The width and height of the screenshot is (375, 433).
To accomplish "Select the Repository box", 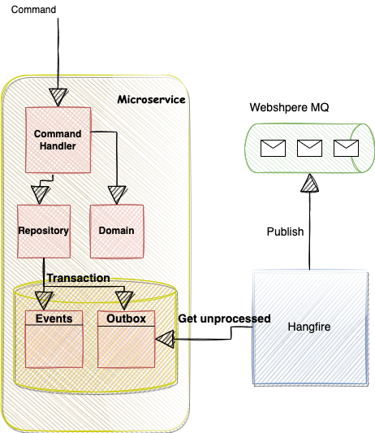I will click(x=44, y=231).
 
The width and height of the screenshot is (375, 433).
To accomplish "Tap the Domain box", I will click(x=116, y=231).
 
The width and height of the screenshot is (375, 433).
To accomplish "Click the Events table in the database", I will click(x=54, y=338).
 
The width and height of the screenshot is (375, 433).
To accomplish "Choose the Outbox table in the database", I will click(x=126, y=338).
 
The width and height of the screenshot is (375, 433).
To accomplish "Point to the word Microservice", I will click(x=151, y=99).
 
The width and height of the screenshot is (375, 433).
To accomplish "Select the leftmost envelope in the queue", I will click(x=272, y=148).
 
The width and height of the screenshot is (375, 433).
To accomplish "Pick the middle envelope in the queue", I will click(x=309, y=148).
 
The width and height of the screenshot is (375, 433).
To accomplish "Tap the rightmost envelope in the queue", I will click(x=346, y=148).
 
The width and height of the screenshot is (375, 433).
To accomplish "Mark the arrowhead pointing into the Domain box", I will click(x=117, y=195).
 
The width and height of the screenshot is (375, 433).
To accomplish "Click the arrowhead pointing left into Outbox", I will click(x=166, y=338).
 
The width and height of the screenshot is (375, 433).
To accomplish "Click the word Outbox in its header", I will click(x=126, y=318).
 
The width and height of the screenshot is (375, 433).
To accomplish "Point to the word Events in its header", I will click(x=54, y=318).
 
